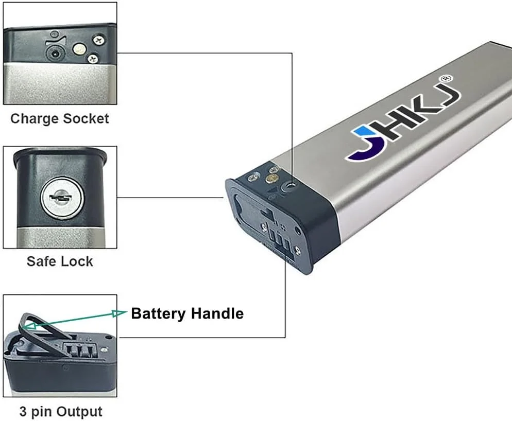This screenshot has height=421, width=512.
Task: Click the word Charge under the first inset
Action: (x=34, y=119)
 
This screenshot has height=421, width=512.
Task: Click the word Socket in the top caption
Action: (x=86, y=119)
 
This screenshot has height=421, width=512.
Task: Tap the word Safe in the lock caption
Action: (x=42, y=261)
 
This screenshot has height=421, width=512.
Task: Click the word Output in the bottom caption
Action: (x=79, y=412)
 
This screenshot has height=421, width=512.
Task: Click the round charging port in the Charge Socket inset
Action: (x=54, y=52)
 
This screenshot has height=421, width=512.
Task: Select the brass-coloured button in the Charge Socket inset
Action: (x=79, y=49)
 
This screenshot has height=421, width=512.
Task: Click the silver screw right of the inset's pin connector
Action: (x=105, y=349)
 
